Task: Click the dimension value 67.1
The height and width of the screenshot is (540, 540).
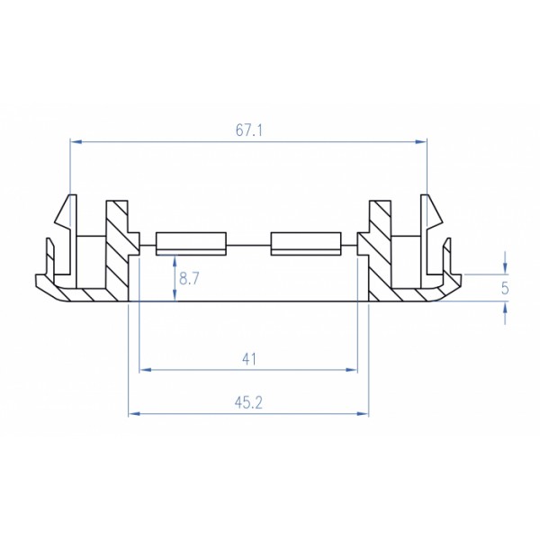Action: click(248, 130)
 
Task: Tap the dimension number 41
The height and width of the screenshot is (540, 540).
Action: click(249, 358)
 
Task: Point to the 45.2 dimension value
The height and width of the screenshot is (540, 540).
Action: click(248, 402)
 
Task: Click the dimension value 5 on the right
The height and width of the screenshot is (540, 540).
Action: click(505, 288)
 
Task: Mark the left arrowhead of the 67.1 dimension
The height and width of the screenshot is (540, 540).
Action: click(75, 141)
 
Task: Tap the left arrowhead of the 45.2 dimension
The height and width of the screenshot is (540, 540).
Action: click(135, 414)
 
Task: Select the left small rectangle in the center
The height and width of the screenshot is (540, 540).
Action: click(190, 243)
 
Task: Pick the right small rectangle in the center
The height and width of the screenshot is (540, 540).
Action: click(305, 243)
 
